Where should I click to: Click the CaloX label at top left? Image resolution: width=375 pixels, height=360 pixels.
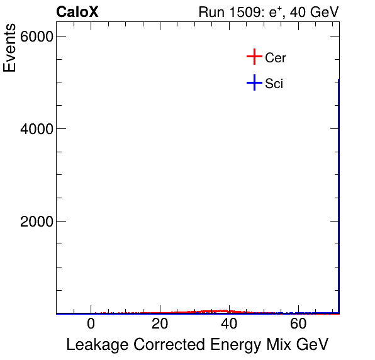tap(77, 12)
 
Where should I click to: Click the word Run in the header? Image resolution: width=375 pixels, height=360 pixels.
tap(211, 12)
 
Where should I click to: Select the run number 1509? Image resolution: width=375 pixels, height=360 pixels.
tap(250, 12)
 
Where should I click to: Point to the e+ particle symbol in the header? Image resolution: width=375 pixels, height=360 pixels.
tap(278, 12)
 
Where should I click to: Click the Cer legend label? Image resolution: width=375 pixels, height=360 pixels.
tap(276, 58)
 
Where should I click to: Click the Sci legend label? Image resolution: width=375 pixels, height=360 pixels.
tap(274, 83)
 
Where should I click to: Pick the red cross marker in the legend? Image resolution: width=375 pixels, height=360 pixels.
tap(254, 57)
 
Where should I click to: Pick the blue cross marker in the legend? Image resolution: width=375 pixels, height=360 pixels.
tap(254, 82)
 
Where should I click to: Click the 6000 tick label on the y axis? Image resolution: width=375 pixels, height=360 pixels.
tap(36, 37)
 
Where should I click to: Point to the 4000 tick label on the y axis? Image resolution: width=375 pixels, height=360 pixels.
tap(36, 129)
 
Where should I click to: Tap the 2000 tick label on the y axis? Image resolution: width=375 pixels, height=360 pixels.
tap(36, 222)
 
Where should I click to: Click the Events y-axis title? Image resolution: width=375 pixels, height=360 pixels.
tap(11, 48)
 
